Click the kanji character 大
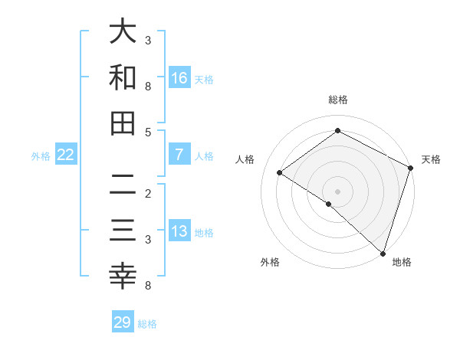pos(123,33)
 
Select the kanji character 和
pos(123,77)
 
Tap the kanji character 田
pos(123,123)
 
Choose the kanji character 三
pos(123,231)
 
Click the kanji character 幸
pos(123,277)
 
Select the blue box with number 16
pos(179,78)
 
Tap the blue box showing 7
pos(179,155)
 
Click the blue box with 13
pos(179,232)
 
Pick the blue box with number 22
pos(66,155)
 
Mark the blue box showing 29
pos(123,322)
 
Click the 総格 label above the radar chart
pos(337,100)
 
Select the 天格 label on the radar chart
pos(431,159)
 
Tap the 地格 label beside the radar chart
pos(402,262)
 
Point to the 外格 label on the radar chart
pos(270,262)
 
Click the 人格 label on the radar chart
pos(245,159)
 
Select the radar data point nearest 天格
pos(411,168)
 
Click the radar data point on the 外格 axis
pos(328,204)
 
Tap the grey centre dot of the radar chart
pos(337,191)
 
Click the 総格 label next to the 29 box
pos(147,324)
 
